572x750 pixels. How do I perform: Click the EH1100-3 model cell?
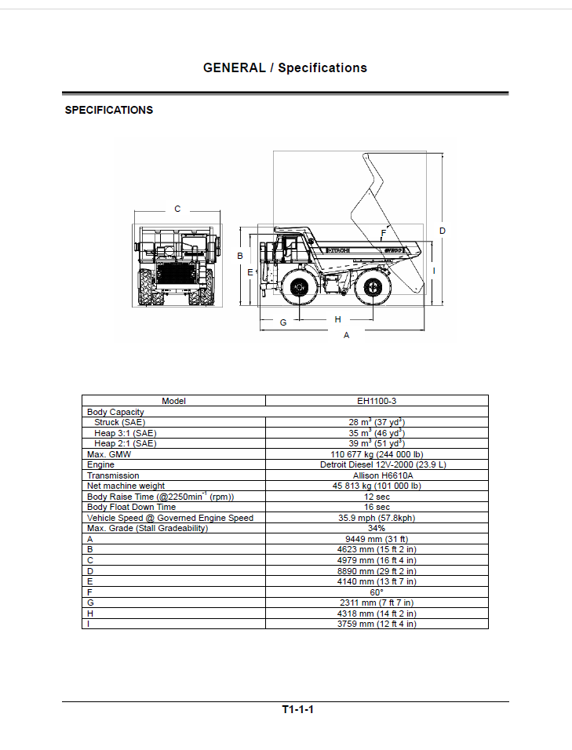pyautogui.click(x=377, y=401)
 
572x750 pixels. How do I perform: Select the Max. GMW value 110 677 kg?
pyautogui.click(x=377, y=454)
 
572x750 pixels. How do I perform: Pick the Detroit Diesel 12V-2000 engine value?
pyautogui.click(x=383, y=464)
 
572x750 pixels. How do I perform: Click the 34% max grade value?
pyautogui.click(x=377, y=528)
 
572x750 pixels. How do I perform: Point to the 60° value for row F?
pyautogui.click(x=377, y=592)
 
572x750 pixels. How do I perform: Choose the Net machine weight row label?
pyautogui.click(x=126, y=486)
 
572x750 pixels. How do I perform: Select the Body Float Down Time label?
pyautogui.click(x=131, y=507)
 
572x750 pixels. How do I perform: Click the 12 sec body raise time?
pyautogui.click(x=377, y=497)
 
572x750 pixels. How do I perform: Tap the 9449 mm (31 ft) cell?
pyautogui.click(x=377, y=539)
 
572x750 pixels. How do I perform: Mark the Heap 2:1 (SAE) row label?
pyautogui.click(x=126, y=443)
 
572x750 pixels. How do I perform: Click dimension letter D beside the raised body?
pyautogui.click(x=443, y=231)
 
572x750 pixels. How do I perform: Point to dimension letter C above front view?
pyautogui.click(x=177, y=209)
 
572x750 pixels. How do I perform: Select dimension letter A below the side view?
pyautogui.click(x=346, y=335)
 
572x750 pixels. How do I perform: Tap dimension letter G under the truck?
pyautogui.click(x=283, y=323)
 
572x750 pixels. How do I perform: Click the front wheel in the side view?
pyautogui.click(x=300, y=287)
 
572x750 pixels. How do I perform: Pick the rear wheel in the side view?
pyautogui.click(x=372, y=287)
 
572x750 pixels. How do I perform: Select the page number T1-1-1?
pyautogui.click(x=297, y=709)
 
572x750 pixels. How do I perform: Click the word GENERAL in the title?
pyautogui.click(x=235, y=68)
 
